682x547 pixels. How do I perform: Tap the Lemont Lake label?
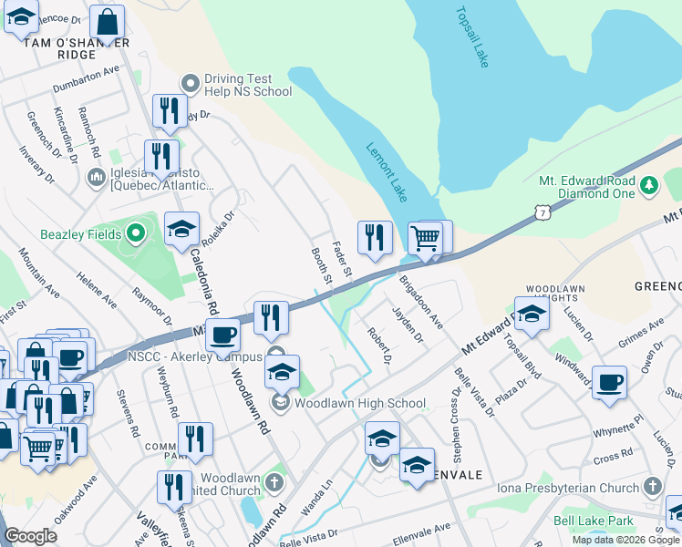pos(387,171)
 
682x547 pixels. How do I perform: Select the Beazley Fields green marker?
pos(136,234)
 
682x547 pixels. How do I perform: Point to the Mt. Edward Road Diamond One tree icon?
pos(649,185)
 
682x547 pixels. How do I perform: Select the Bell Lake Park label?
pos(594,521)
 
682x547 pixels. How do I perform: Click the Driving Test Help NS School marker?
pos(191,83)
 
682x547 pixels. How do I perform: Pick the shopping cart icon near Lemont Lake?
pos(425,239)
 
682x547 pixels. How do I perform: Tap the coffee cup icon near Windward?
pos(609,382)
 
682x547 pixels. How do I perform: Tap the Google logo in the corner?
pos(31,536)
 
